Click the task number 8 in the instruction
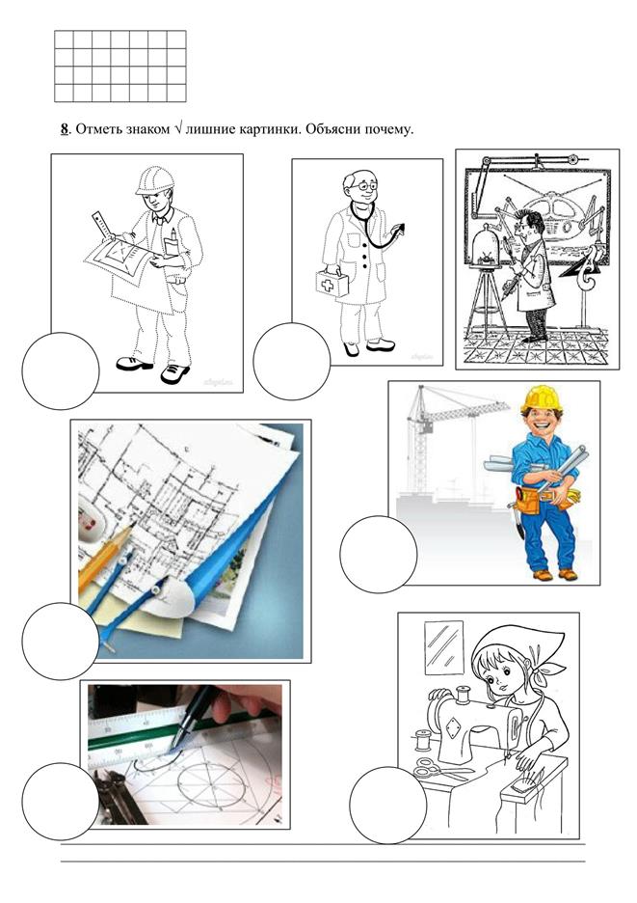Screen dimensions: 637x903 pos(65,129)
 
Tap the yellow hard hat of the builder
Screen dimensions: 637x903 pos(542,398)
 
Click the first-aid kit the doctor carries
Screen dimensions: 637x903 pos(332,284)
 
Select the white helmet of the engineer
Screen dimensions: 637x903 pos(155,180)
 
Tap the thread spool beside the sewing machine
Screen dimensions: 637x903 pos(423,740)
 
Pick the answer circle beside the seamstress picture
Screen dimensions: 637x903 pos(387,805)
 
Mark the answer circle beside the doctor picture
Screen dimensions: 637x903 pos(292,361)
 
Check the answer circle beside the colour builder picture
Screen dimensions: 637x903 pos(378,554)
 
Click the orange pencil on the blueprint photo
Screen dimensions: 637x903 pos(104,560)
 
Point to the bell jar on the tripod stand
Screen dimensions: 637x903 pos(486,245)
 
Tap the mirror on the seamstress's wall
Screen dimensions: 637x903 pos(444,647)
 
